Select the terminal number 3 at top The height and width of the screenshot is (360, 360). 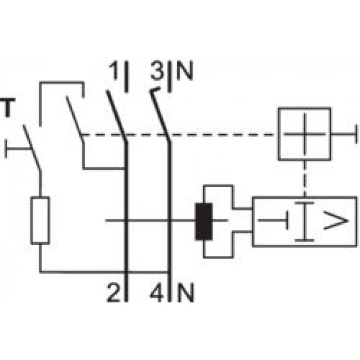pyautogui.click(x=157, y=72)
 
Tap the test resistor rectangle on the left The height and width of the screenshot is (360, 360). pyautogui.click(x=40, y=220)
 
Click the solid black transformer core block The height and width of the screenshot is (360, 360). pyautogui.click(x=204, y=222)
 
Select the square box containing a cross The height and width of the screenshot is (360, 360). pyautogui.click(x=304, y=134)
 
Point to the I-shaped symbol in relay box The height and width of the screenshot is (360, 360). pyautogui.click(x=302, y=222)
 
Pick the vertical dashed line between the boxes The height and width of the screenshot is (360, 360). pyautogui.click(x=304, y=178)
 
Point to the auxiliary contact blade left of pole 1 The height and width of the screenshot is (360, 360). pyautogui.click(x=74, y=116)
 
